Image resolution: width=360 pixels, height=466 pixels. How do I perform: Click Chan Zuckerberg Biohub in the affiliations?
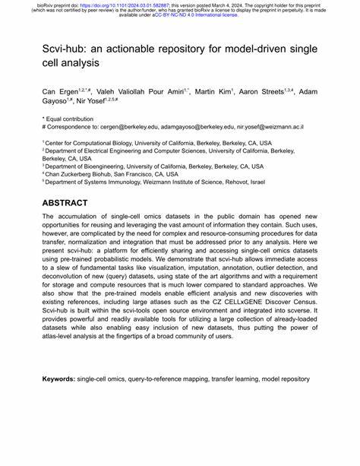pyautogui.click(x=84, y=174)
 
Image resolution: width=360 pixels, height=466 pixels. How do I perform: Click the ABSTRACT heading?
pyautogui.click(x=65, y=203)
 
